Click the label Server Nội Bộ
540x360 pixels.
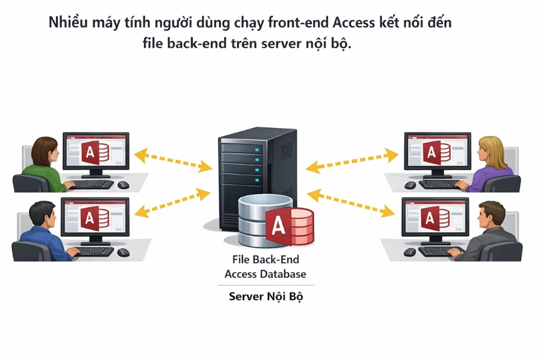click(x=265, y=296)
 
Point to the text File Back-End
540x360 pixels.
click(x=265, y=260)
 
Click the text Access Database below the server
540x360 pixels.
click(x=265, y=274)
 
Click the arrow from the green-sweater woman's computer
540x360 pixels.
click(x=173, y=159)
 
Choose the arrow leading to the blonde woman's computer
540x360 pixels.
click(x=352, y=159)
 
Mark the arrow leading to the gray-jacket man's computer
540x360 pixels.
click(x=352, y=204)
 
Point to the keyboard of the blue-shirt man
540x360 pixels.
click(x=93, y=251)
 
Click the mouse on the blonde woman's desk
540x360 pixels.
click(x=410, y=184)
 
